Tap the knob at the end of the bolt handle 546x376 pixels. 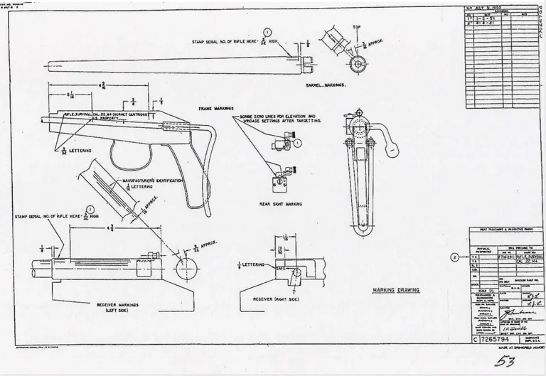pos(392,150)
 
